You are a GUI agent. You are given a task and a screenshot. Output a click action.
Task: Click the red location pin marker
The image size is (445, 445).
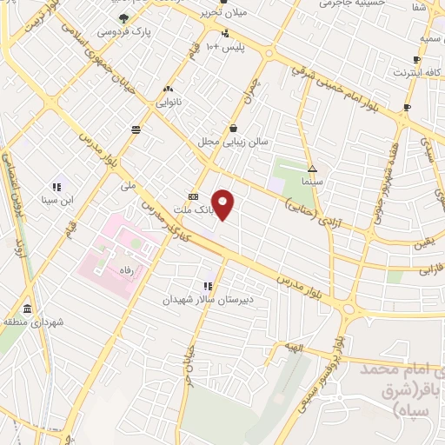[x=223, y=204]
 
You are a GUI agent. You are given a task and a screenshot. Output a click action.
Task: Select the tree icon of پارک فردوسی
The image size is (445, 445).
[x=123, y=18]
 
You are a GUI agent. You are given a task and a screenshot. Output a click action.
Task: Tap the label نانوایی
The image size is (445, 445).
[x=168, y=102]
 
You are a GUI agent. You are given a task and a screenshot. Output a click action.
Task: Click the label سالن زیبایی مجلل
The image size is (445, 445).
[x=235, y=141]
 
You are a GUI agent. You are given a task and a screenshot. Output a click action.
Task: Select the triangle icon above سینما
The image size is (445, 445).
[x=312, y=169]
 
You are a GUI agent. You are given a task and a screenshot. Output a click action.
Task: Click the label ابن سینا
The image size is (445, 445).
[x=56, y=199]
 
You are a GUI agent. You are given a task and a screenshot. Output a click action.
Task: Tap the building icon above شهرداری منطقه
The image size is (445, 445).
[x=27, y=309]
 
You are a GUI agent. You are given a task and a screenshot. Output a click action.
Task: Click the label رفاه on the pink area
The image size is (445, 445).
[x=130, y=270]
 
